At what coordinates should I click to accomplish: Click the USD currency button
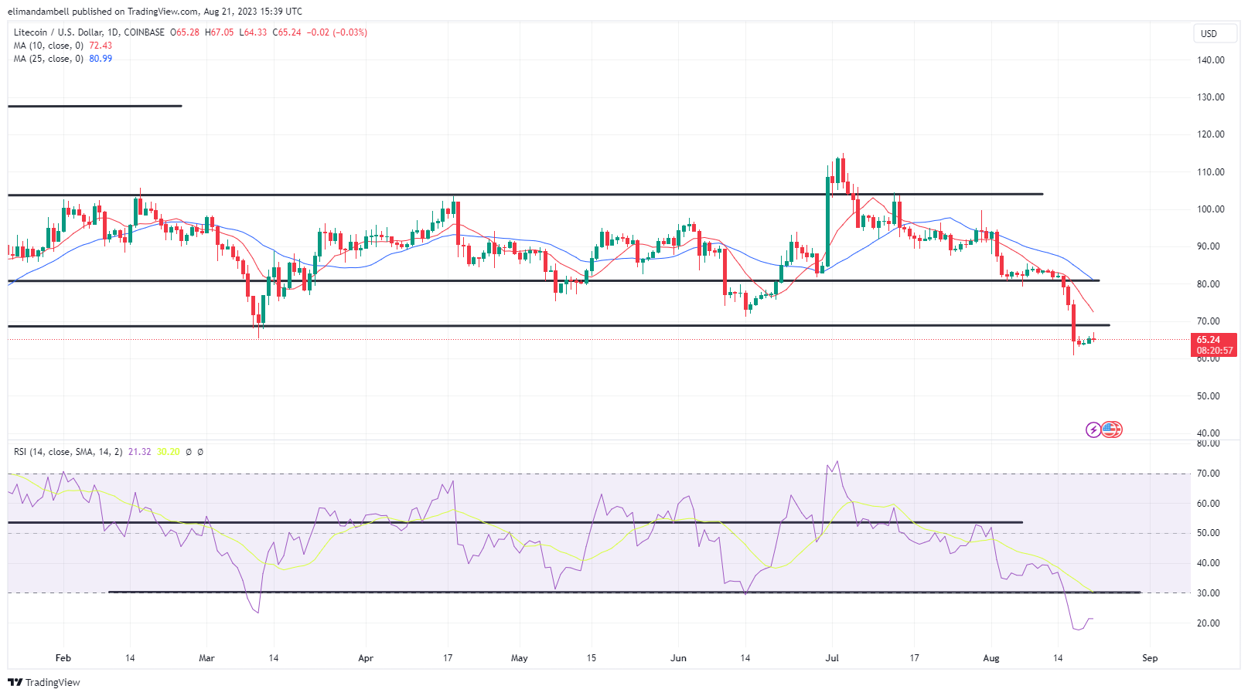coord(1209,33)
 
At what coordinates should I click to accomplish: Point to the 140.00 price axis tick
coord(1210,59)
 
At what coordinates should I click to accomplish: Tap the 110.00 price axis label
coord(1210,171)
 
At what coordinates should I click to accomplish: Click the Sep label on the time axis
coord(1150,658)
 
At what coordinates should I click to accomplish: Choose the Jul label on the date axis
coord(832,658)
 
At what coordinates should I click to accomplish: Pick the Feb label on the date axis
coord(63,658)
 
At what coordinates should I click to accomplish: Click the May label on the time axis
coord(520,658)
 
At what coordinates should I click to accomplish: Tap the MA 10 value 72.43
coord(101,46)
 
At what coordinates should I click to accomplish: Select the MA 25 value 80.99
coord(101,59)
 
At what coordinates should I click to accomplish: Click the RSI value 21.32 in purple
coord(139,452)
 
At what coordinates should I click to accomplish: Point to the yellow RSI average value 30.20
coord(168,452)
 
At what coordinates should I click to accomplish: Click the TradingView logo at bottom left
coord(44,682)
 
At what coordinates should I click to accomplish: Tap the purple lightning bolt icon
coord(1093,429)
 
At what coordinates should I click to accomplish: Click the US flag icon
coord(1111,429)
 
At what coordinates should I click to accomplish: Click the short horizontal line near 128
coord(94,106)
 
